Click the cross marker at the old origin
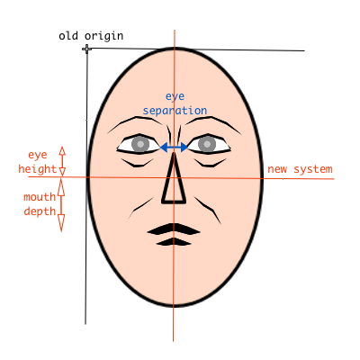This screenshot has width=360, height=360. [x=87, y=49]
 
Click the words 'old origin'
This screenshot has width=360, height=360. [x=91, y=36]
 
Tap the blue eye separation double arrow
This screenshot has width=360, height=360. [x=174, y=148]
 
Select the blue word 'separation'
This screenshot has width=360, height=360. [x=175, y=111]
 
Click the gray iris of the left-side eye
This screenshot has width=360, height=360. [x=140, y=144]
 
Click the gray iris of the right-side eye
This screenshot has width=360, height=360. [x=207, y=144]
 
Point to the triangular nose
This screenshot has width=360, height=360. [x=174, y=177]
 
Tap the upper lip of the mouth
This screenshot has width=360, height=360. [x=174, y=229]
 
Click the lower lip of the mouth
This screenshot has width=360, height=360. [x=174, y=242]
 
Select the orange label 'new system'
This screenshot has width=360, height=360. [x=300, y=169]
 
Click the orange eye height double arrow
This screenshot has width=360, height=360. [x=62, y=161]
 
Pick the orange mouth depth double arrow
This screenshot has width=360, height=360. [x=61, y=205]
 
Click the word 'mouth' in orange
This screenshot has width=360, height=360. [x=40, y=197]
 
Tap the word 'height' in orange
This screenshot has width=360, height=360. [x=38, y=169]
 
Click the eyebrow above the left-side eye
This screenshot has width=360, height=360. [x=135, y=122]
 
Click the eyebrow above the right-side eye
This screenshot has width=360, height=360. [x=213, y=122]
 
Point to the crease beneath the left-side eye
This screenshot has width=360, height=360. [x=137, y=163]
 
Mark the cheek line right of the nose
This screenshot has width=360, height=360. [x=208, y=209]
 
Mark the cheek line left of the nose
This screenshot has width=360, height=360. [x=140, y=209]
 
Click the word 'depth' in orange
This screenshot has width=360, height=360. [x=40, y=211]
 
